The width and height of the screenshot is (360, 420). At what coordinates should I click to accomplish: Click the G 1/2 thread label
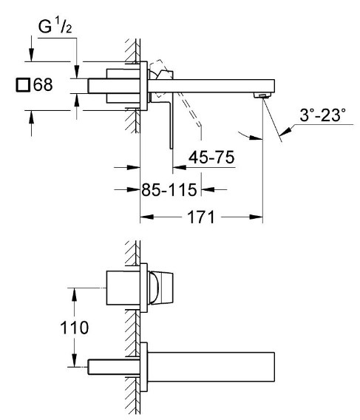click(x=55, y=26)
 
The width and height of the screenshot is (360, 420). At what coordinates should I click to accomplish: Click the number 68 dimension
click(x=43, y=84)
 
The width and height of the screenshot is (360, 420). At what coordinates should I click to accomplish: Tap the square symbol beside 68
click(x=22, y=85)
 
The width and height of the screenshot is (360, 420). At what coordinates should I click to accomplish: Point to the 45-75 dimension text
click(x=211, y=157)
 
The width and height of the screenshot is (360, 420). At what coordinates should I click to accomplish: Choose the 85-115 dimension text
click(x=169, y=190)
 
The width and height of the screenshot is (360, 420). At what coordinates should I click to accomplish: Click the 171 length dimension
click(x=201, y=217)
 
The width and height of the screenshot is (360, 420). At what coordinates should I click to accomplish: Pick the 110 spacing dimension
click(x=74, y=328)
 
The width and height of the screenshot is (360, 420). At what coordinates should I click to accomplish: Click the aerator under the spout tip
click(x=262, y=95)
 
